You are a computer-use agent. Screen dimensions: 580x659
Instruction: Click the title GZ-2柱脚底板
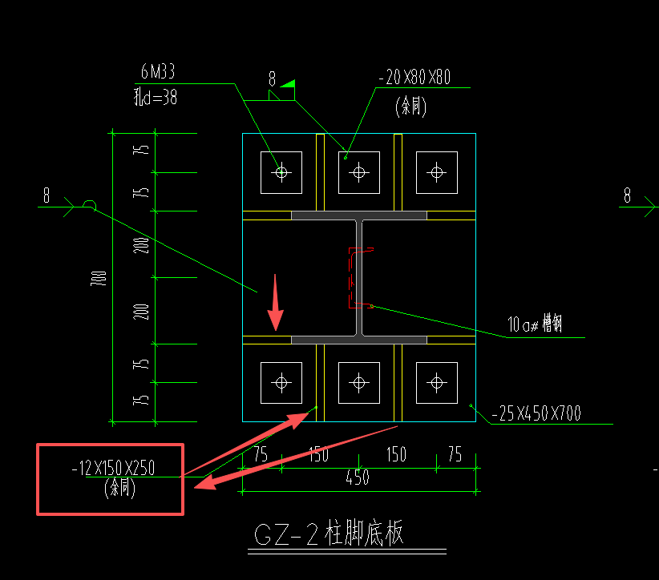[329, 534]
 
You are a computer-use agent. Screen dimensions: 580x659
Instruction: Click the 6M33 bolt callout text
[157, 73]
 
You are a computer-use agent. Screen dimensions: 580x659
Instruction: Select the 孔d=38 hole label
[155, 98]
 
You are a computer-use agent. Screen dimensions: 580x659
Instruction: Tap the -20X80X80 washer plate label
[415, 78]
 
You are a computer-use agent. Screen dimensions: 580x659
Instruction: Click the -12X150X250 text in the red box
[119, 468]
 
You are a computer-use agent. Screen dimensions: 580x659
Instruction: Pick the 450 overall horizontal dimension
[358, 477]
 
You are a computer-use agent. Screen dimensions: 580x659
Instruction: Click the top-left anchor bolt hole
[281, 171]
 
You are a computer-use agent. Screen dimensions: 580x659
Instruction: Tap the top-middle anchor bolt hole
[358, 171]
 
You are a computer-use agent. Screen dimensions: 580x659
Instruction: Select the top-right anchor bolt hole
[436, 171]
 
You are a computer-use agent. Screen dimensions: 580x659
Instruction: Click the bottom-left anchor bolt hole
[281, 383]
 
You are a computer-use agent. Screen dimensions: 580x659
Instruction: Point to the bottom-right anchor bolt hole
[436, 383]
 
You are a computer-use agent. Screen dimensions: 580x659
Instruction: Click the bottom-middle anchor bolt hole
[358, 383]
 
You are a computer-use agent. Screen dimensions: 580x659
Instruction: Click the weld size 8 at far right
[627, 195]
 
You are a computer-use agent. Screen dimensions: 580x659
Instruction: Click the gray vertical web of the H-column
[358, 277]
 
